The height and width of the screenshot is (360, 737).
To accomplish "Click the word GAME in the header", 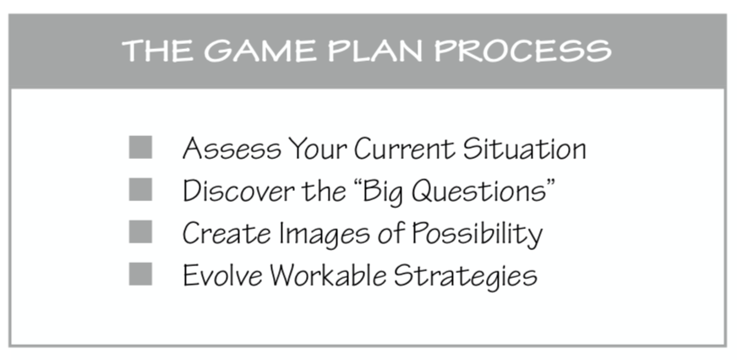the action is click(x=260, y=51).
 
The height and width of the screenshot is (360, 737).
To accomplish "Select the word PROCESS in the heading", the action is click(x=522, y=51).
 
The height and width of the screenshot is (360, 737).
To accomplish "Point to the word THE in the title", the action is click(x=158, y=51).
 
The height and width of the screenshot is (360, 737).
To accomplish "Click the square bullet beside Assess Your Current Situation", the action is click(x=140, y=147).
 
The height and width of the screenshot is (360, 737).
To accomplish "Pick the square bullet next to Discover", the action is click(x=140, y=189).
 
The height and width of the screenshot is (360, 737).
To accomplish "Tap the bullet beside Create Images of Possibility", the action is click(x=140, y=232).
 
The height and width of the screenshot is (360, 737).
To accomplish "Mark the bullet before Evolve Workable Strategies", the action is click(x=140, y=274).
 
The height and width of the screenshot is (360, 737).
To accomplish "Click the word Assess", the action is click(x=232, y=149).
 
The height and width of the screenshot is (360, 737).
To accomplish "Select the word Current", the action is click(x=404, y=149).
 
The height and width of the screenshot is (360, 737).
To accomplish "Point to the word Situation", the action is click(x=525, y=149).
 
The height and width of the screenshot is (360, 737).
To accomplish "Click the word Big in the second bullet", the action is click(x=383, y=192).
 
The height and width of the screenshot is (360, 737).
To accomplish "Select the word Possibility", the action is click(x=477, y=234).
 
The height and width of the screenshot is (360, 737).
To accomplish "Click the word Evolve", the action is click(x=222, y=275).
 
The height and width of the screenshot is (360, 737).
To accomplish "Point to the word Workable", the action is click(x=328, y=275).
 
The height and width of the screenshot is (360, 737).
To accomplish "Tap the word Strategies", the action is click(x=466, y=276).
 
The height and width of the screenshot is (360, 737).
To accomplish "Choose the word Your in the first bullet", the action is click(x=317, y=149).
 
